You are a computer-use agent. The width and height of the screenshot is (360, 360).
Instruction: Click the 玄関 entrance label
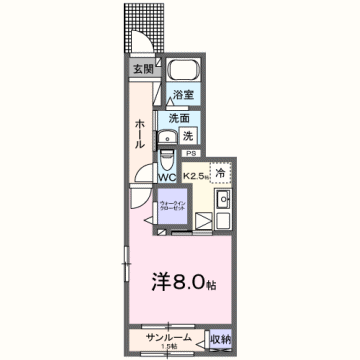(142, 69)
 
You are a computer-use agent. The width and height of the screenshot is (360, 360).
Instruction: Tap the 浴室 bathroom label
(182, 95)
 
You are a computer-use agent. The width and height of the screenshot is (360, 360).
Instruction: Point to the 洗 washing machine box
(188, 135)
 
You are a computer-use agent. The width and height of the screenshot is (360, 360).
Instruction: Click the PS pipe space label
(190, 153)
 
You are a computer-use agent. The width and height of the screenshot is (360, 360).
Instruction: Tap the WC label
(167, 178)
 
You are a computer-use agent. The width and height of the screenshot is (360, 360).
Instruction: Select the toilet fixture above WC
(167, 160)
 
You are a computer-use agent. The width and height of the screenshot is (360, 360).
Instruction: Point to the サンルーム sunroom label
(166, 337)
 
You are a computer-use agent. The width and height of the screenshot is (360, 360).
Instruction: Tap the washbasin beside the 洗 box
(167, 136)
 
